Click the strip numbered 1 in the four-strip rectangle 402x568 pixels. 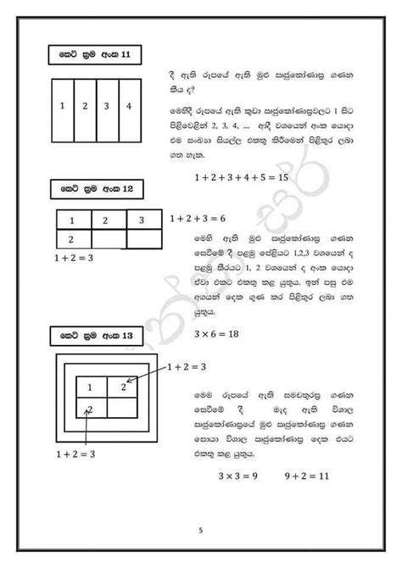click(x=64, y=107)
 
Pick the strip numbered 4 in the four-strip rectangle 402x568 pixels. click(x=129, y=107)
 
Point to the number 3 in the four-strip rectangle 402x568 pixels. click(x=107, y=107)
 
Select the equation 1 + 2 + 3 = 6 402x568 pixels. click(x=198, y=218)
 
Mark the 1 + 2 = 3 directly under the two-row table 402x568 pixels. click(x=74, y=255)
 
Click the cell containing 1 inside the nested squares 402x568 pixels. click(x=89, y=388)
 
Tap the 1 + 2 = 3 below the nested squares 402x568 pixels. click(x=74, y=454)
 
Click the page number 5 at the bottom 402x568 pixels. click(x=201, y=531)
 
